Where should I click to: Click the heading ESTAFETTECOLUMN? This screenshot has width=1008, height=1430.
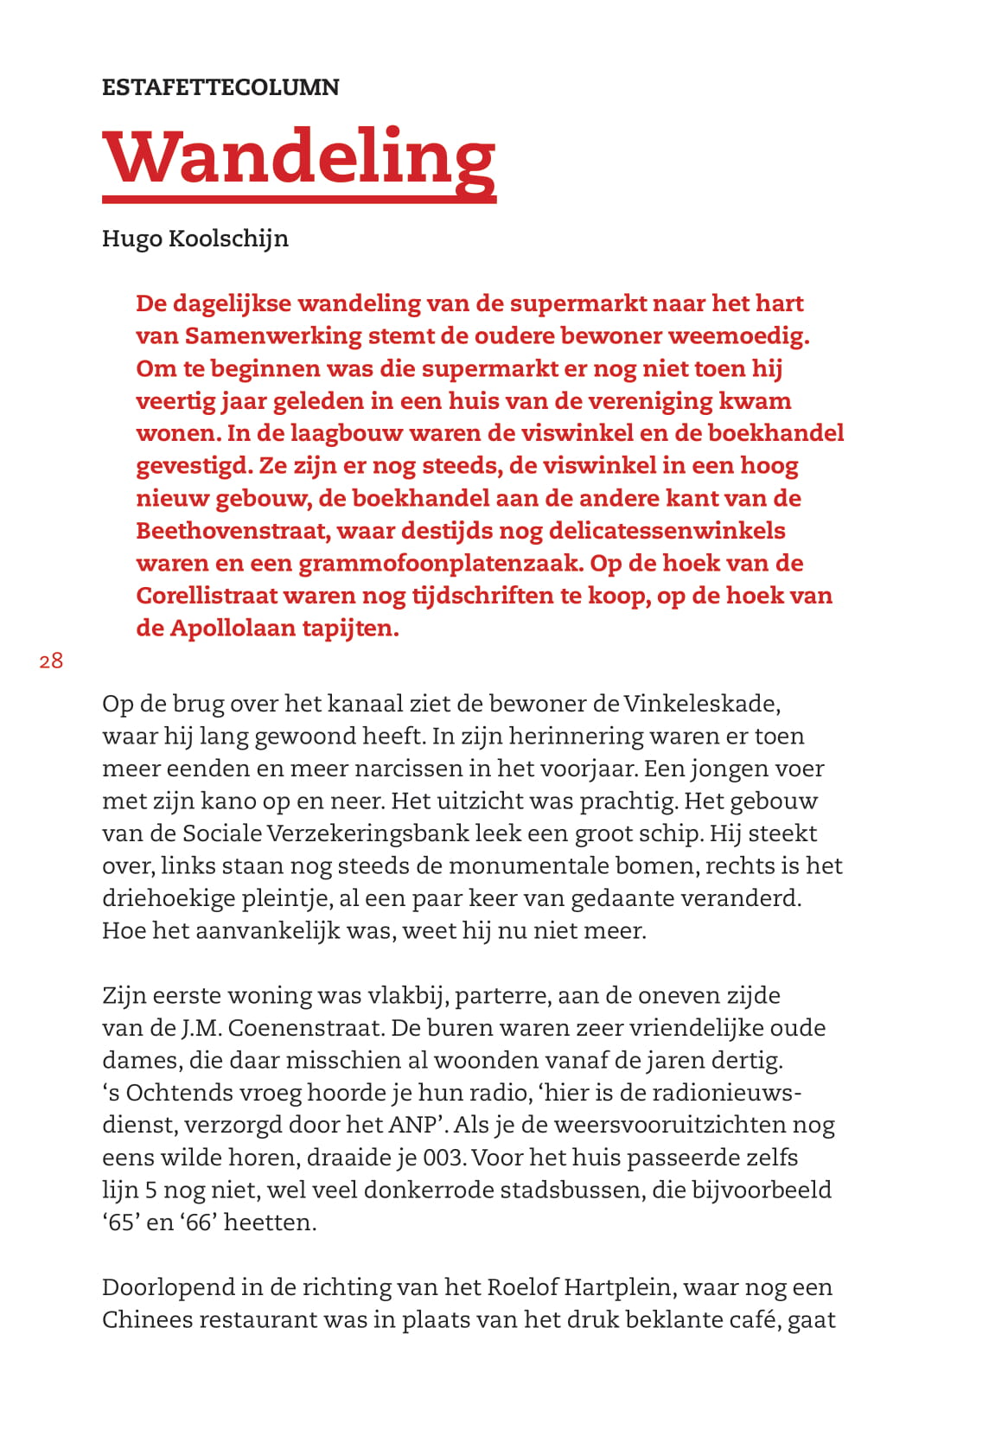point(220,87)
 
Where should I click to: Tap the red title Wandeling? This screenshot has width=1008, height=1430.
point(299,157)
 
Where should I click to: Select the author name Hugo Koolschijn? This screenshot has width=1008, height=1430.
point(195,239)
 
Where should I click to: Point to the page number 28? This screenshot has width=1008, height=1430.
point(51,661)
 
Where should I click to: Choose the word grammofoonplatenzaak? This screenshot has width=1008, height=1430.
point(440,563)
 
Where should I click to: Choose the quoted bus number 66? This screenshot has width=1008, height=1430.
point(198,1223)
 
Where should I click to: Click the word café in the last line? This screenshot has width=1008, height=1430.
point(754,1320)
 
